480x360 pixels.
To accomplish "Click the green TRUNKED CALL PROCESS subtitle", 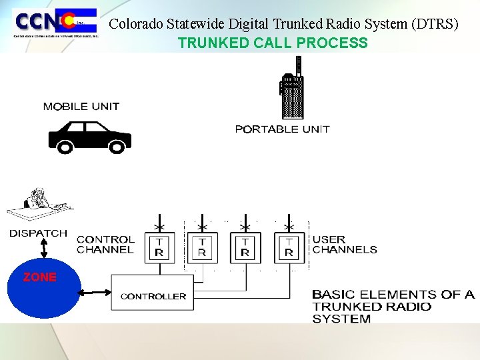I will pos(272,43).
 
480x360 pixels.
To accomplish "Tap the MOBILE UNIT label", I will pos(81,107).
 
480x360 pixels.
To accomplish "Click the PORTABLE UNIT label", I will pos(282,129).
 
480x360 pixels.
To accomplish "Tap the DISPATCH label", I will pos(38,233).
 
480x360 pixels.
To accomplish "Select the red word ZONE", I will pos(40,277).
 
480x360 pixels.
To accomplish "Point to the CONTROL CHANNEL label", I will pos(105,245).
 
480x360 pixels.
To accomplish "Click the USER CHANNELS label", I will pos(345,245).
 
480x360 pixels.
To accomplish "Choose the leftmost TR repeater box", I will pos(159,247).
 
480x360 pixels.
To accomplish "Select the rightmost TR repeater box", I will pos(289,247).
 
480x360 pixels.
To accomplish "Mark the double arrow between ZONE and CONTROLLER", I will pos(96,293).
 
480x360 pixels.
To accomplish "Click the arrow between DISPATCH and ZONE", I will pos(43,249).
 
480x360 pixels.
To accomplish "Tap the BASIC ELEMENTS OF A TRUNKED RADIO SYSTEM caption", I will pos(393,306).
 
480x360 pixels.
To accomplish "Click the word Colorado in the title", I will pos(131,24).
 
